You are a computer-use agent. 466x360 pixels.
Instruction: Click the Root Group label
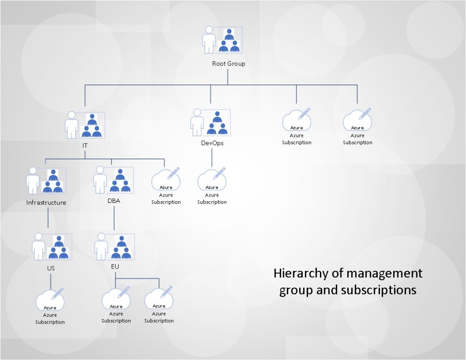pyautogui.click(x=228, y=64)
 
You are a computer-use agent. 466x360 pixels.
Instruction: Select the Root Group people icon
pyautogui.click(x=223, y=40)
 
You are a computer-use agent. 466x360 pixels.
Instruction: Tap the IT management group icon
pyautogui.click(x=85, y=125)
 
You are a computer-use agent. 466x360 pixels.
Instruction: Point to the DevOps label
pyautogui.click(x=212, y=143)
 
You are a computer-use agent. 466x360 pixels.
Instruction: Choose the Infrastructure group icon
pyautogui.click(x=46, y=181)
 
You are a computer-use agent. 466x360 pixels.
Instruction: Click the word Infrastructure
pyautogui.click(x=46, y=203)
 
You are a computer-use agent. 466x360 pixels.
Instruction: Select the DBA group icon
pyautogui.click(x=113, y=179)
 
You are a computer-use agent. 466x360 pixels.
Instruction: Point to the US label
pyautogui.click(x=51, y=268)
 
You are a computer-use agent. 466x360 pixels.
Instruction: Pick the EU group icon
pyautogui.click(x=114, y=246)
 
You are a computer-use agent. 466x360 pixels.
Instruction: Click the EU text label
pyautogui.click(x=115, y=266)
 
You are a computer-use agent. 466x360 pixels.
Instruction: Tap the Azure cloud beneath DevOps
pyautogui.click(x=212, y=181)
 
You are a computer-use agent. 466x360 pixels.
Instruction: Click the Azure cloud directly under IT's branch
pyautogui.click(x=166, y=181)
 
